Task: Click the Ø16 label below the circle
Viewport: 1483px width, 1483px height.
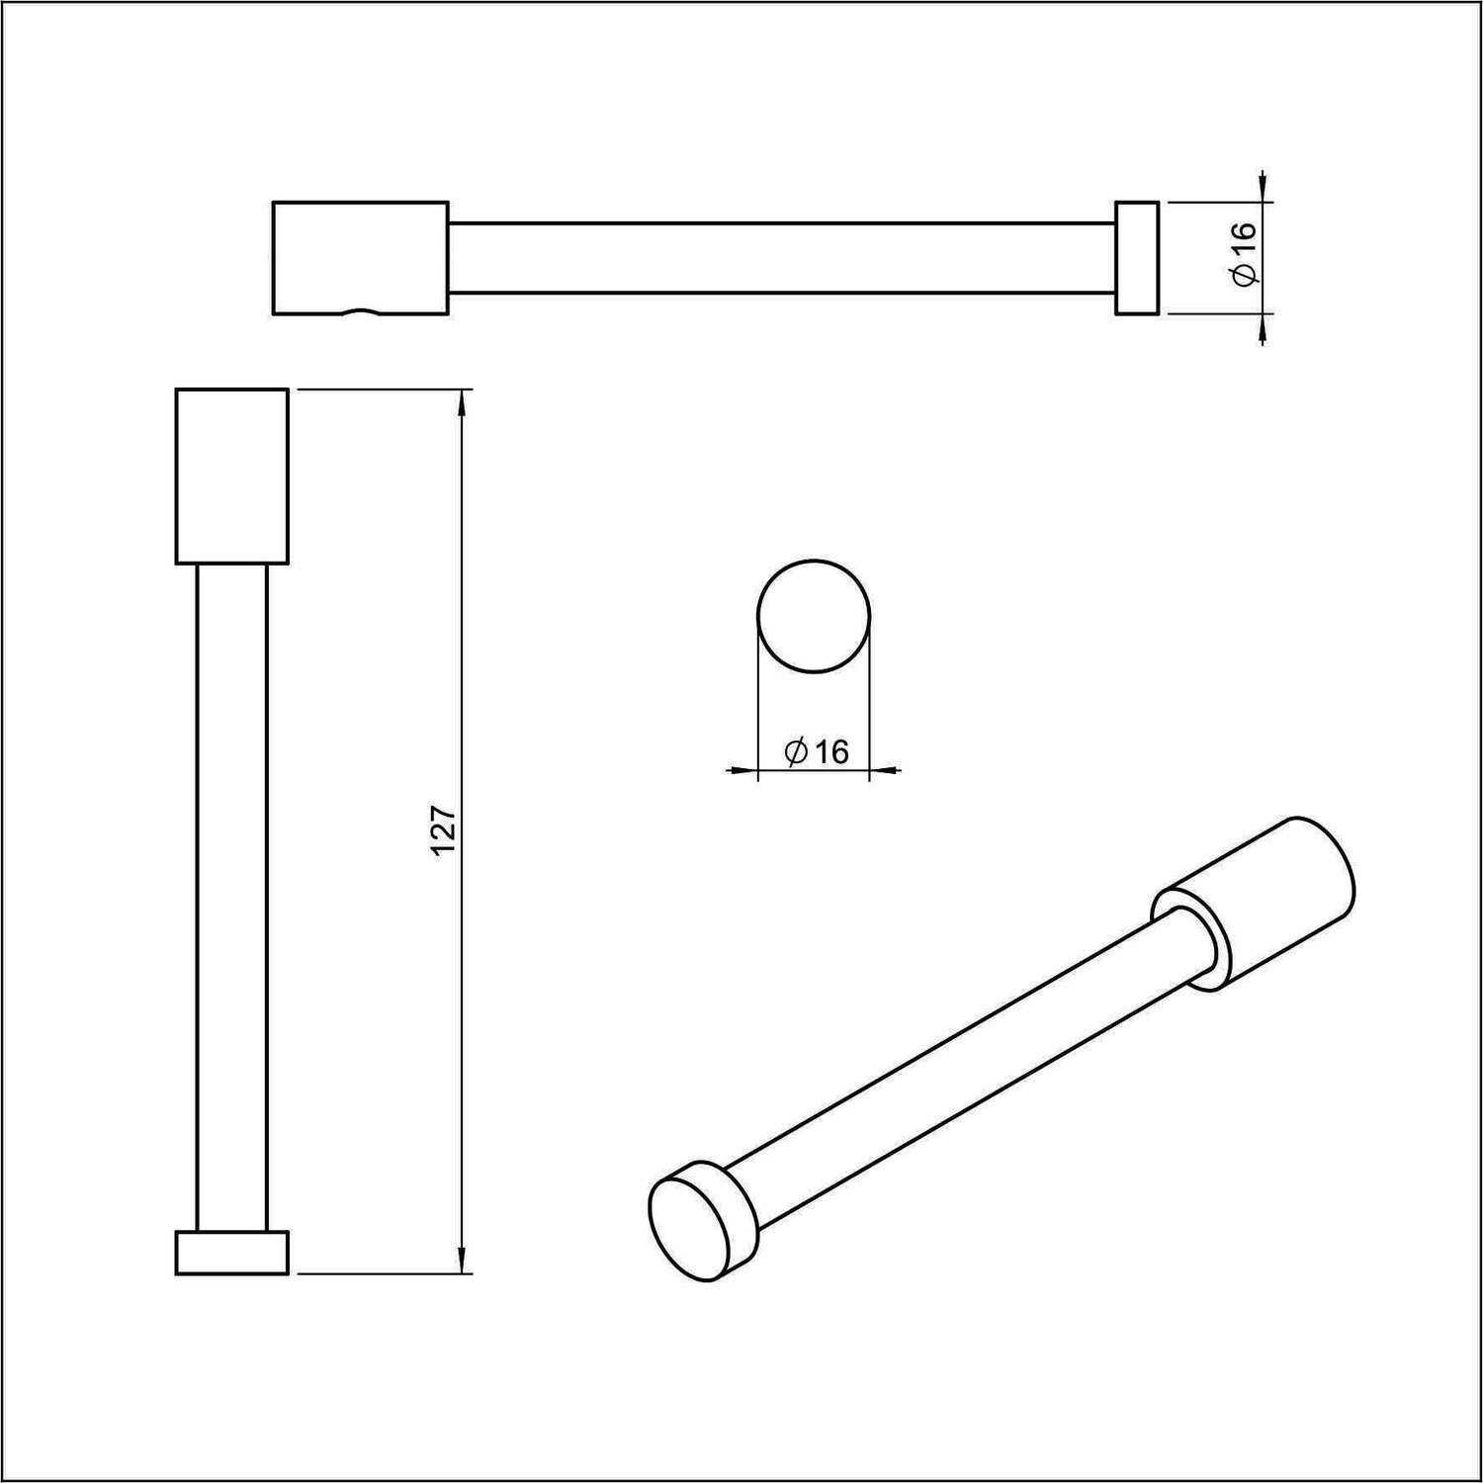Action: point(817,752)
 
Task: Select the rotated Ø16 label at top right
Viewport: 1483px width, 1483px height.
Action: point(1245,256)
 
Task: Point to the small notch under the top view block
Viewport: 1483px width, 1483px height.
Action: point(361,311)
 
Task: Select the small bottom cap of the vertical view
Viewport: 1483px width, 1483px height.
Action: point(232,1253)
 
